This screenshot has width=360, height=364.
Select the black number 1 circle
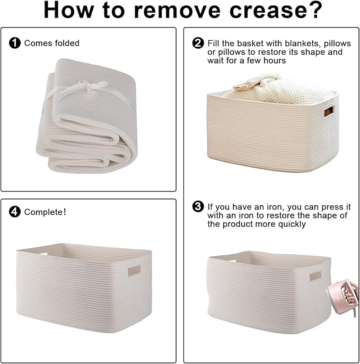15,43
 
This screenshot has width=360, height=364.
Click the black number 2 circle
198,43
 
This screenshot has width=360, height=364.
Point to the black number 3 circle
198,206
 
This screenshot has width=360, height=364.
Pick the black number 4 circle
15,212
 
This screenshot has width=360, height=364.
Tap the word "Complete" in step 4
43,212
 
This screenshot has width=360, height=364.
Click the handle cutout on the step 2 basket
329,112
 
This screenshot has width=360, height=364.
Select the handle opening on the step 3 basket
315,276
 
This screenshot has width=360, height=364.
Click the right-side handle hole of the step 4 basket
134,270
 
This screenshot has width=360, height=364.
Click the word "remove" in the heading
177,10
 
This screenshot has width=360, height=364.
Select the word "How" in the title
69,10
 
